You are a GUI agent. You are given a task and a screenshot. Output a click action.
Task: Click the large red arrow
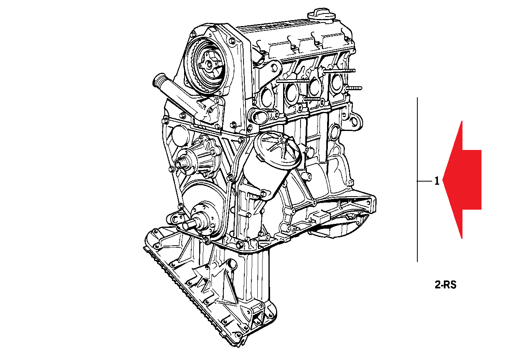[x=462, y=180]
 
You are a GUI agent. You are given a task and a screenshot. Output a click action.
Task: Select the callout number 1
[x=437, y=181]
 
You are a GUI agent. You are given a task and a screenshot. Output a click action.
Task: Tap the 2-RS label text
[x=445, y=285]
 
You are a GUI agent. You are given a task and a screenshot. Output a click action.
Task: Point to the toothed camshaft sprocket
[x=204, y=66]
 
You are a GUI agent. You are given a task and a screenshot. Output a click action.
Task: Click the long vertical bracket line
[x=417, y=180]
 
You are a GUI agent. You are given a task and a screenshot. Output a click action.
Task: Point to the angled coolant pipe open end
[x=158, y=80]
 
